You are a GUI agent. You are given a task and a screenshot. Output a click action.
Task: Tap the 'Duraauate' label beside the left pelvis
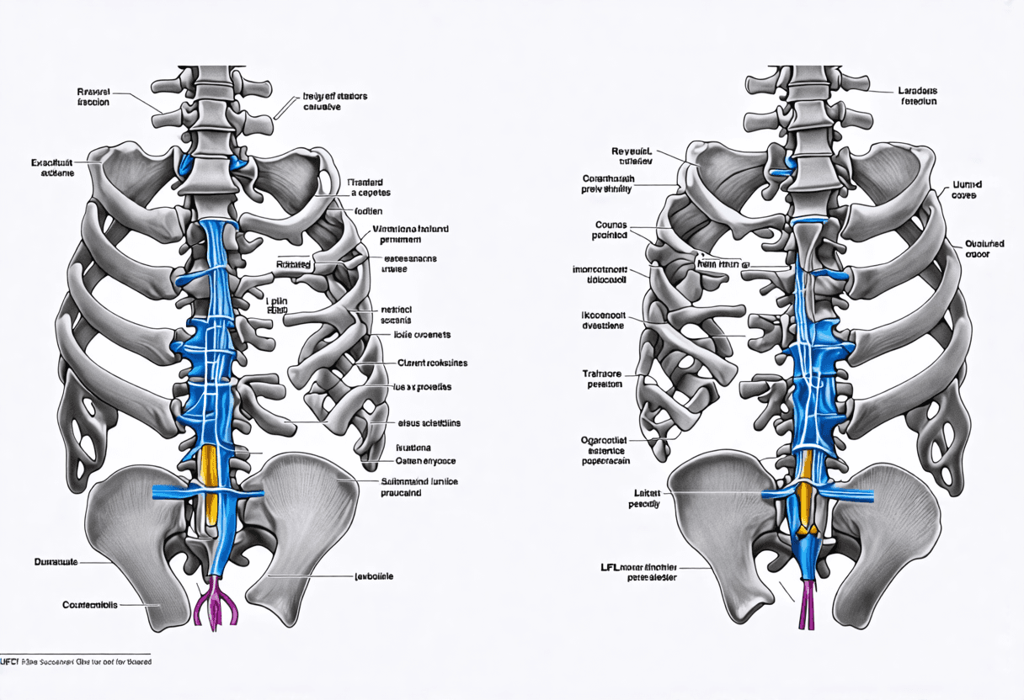(x=56, y=560)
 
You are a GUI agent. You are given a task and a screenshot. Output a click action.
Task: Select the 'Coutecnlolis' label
(x=90, y=605)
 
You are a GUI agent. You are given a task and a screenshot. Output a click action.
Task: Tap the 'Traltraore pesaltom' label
(x=603, y=378)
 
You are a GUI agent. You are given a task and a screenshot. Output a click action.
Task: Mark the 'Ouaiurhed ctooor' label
(x=984, y=248)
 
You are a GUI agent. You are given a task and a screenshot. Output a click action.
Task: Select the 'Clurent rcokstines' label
(x=431, y=363)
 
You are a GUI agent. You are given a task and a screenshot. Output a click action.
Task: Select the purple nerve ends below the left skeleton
(x=216, y=602)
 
